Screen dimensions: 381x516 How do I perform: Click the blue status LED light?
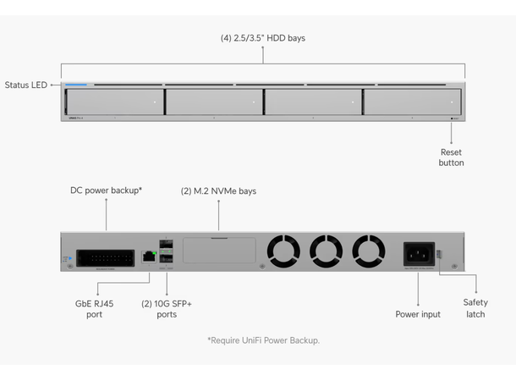tap(77, 85)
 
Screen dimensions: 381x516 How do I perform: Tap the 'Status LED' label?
tap(27, 85)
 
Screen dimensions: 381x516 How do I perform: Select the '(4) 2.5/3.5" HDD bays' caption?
tap(262, 38)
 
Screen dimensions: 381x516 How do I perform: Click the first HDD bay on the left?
tap(115, 102)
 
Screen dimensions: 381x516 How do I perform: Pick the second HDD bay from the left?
tap(214, 102)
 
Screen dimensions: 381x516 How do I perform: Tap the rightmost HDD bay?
tap(411, 102)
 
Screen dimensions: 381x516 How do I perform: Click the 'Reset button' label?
tap(451, 157)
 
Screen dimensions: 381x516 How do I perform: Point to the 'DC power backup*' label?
tap(106, 191)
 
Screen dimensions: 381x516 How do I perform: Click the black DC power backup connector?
tap(105, 256)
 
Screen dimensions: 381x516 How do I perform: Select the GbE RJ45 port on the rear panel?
tap(150, 255)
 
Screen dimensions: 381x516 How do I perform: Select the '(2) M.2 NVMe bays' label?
tap(219, 191)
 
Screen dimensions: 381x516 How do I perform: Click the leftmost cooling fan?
tap(283, 251)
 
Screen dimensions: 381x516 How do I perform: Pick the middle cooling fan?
tap(326, 251)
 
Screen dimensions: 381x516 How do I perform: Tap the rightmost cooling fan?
tap(369, 251)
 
